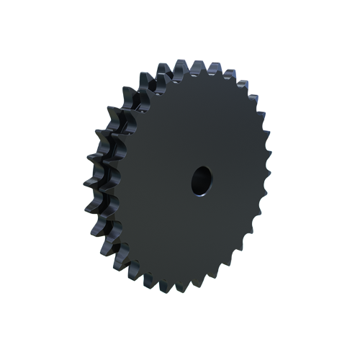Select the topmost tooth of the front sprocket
coord(193,67)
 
